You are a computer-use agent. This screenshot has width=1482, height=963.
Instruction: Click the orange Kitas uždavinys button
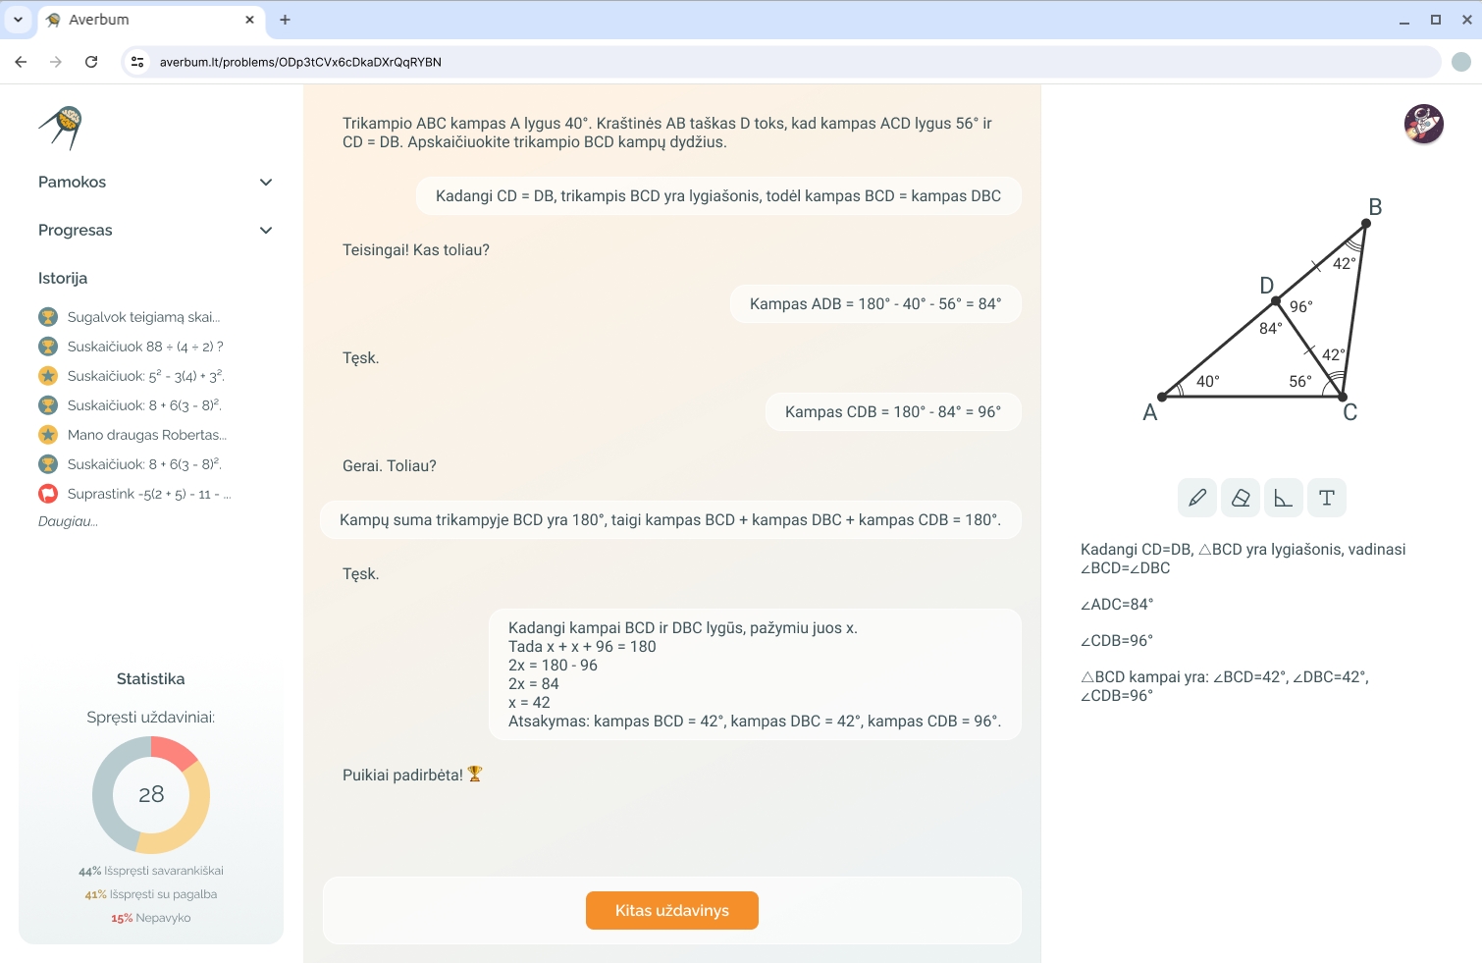[x=671, y=910]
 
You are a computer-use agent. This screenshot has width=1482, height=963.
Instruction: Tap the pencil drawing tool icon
[x=1196, y=498]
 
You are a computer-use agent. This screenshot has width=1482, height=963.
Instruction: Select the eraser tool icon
[x=1240, y=498]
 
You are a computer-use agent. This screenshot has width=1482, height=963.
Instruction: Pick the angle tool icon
[x=1283, y=498]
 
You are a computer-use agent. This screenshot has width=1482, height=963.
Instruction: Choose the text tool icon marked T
[x=1327, y=498]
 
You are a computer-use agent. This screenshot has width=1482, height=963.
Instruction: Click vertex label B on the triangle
[x=1375, y=207]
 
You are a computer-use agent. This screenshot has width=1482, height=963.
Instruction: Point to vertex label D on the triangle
[x=1266, y=286]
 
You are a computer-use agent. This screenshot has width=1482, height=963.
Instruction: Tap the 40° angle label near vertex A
[x=1207, y=381]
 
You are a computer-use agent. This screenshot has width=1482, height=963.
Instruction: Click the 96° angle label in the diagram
[x=1300, y=306]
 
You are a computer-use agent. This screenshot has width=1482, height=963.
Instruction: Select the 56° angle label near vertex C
[x=1300, y=381]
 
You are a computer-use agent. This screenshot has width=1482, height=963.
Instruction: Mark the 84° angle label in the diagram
[x=1270, y=328]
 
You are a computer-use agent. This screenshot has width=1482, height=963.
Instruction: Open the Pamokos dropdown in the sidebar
[x=155, y=182]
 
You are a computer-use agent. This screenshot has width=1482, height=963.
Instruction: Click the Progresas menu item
[x=155, y=231]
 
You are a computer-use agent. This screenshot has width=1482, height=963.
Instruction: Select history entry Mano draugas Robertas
[x=147, y=435]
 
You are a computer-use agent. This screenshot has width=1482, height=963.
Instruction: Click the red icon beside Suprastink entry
[x=48, y=494]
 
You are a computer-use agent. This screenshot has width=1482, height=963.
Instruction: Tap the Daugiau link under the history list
[x=68, y=521]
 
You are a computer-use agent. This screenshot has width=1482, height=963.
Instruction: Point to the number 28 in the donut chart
[x=151, y=794]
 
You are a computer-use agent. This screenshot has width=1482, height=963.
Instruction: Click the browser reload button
[x=91, y=62]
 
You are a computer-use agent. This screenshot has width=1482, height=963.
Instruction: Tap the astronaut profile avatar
[x=1424, y=124]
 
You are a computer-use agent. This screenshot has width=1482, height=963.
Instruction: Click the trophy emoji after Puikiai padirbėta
[x=475, y=774]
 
